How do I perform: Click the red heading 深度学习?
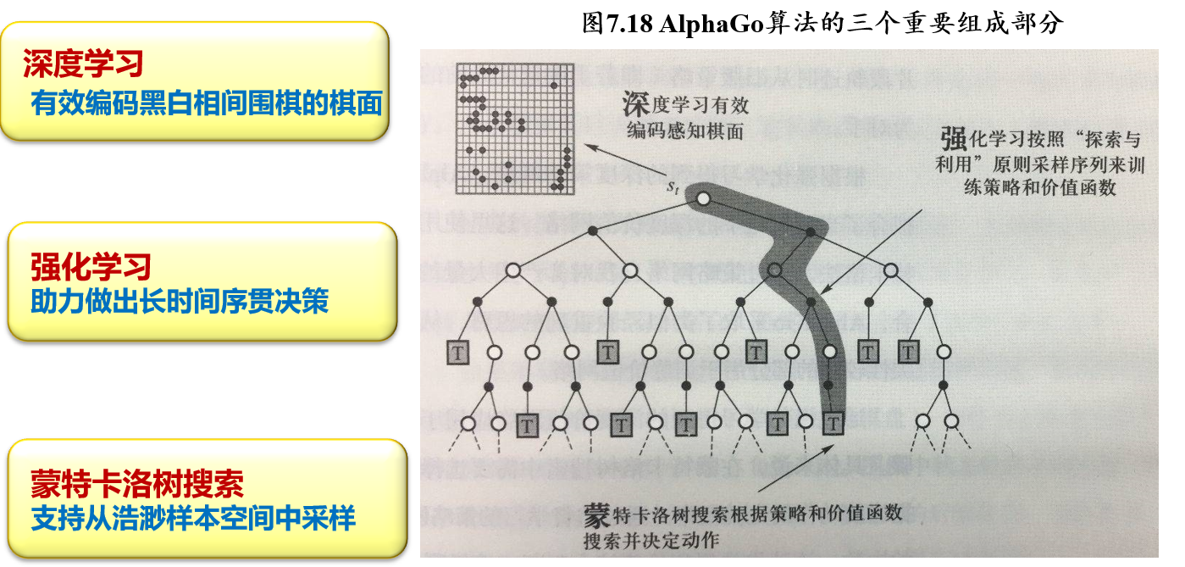[83, 64]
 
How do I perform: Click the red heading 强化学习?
[91, 266]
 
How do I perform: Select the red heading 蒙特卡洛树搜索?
[136, 484]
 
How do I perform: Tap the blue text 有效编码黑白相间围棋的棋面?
[206, 103]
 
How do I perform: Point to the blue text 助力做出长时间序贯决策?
[180, 302]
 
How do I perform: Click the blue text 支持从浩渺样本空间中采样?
[193, 519]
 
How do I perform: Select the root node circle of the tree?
[702, 199]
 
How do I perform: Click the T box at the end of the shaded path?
[833, 421]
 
